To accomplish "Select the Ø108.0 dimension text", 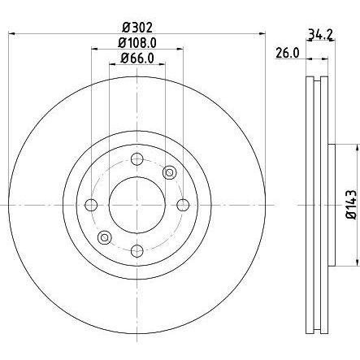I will tap(137, 42).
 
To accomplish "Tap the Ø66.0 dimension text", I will tap(137, 58).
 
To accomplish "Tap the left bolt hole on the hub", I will tap(92, 204).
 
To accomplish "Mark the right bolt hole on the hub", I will tap(182, 204).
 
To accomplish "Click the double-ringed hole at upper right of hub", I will tap(169, 171).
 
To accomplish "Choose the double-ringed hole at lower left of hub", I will tap(104, 236).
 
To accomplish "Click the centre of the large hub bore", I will tap(137, 204).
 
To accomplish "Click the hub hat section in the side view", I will tap(332, 204).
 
